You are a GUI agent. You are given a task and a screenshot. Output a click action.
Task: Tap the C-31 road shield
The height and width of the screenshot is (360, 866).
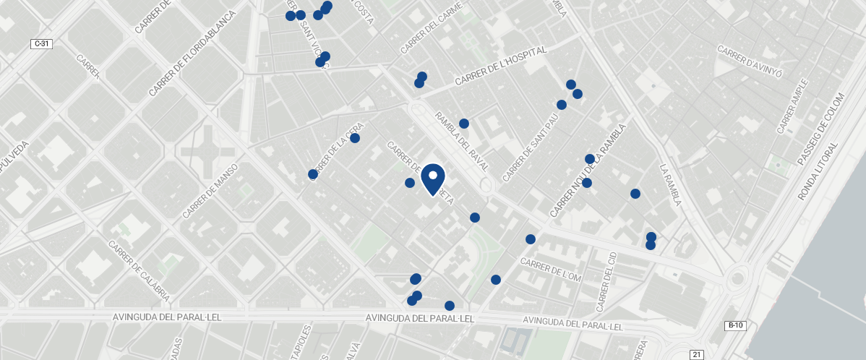[42, 44]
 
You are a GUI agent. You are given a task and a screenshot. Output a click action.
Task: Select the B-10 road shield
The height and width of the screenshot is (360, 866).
[735, 326]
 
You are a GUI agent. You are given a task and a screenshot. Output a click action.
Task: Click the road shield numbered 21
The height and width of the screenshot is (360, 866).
[697, 354]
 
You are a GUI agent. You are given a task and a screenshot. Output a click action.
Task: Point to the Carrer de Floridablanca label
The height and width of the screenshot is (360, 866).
[192, 54]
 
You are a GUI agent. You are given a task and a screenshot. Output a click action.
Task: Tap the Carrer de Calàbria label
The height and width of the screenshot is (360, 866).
[140, 271]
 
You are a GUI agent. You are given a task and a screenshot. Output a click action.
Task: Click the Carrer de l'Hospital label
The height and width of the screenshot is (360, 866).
[501, 67]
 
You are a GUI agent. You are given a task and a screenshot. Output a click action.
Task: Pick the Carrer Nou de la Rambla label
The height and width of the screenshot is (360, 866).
[586, 171]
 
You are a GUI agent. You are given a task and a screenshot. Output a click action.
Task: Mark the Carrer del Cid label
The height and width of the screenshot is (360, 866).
[605, 281]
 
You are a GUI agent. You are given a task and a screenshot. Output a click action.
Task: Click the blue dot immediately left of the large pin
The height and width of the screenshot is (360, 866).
[410, 183]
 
